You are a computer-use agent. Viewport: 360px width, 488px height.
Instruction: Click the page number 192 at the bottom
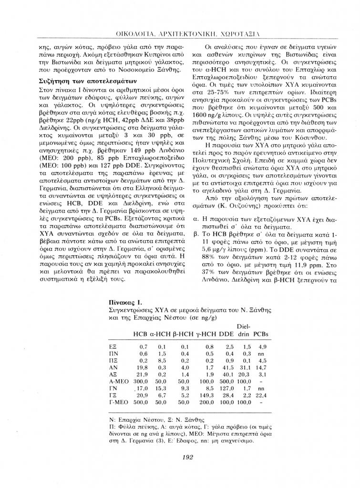(x=187, y=457)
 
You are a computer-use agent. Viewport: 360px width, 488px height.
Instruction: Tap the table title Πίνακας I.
(x=124, y=302)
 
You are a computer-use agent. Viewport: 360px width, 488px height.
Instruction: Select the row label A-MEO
(x=117, y=382)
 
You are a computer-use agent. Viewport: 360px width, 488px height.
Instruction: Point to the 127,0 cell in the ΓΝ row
(x=227, y=389)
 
